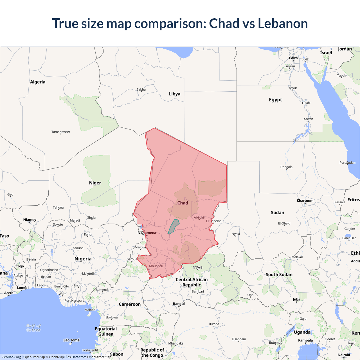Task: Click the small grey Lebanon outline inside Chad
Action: point(174,227)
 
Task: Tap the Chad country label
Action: point(183,203)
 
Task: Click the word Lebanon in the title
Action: point(283,23)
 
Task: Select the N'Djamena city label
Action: point(147,233)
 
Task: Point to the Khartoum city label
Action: point(305,201)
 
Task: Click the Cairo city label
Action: point(293,58)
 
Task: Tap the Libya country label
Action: point(174,94)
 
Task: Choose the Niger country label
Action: point(95,183)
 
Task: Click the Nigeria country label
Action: point(83,259)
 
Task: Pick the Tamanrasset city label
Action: point(61,132)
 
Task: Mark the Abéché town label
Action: point(199,217)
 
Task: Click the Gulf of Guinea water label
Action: point(33,328)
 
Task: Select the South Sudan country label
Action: point(279,274)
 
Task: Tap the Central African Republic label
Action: point(192,282)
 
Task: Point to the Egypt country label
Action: point(275,100)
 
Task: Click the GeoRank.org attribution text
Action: point(11,357)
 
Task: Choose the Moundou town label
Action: point(156,266)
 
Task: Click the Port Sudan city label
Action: point(347,163)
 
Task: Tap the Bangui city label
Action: point(179,304)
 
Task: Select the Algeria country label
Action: point(38,82)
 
